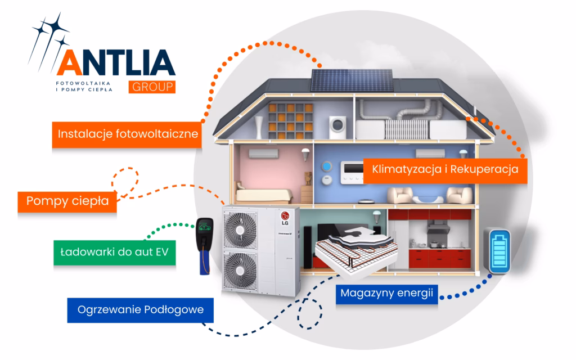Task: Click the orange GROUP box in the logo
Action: (151, 87)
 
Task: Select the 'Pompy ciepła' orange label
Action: (67, 200)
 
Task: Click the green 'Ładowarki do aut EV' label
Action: (115, 251)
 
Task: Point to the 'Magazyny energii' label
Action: (389, 293)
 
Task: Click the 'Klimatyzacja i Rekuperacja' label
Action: (444, 168)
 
